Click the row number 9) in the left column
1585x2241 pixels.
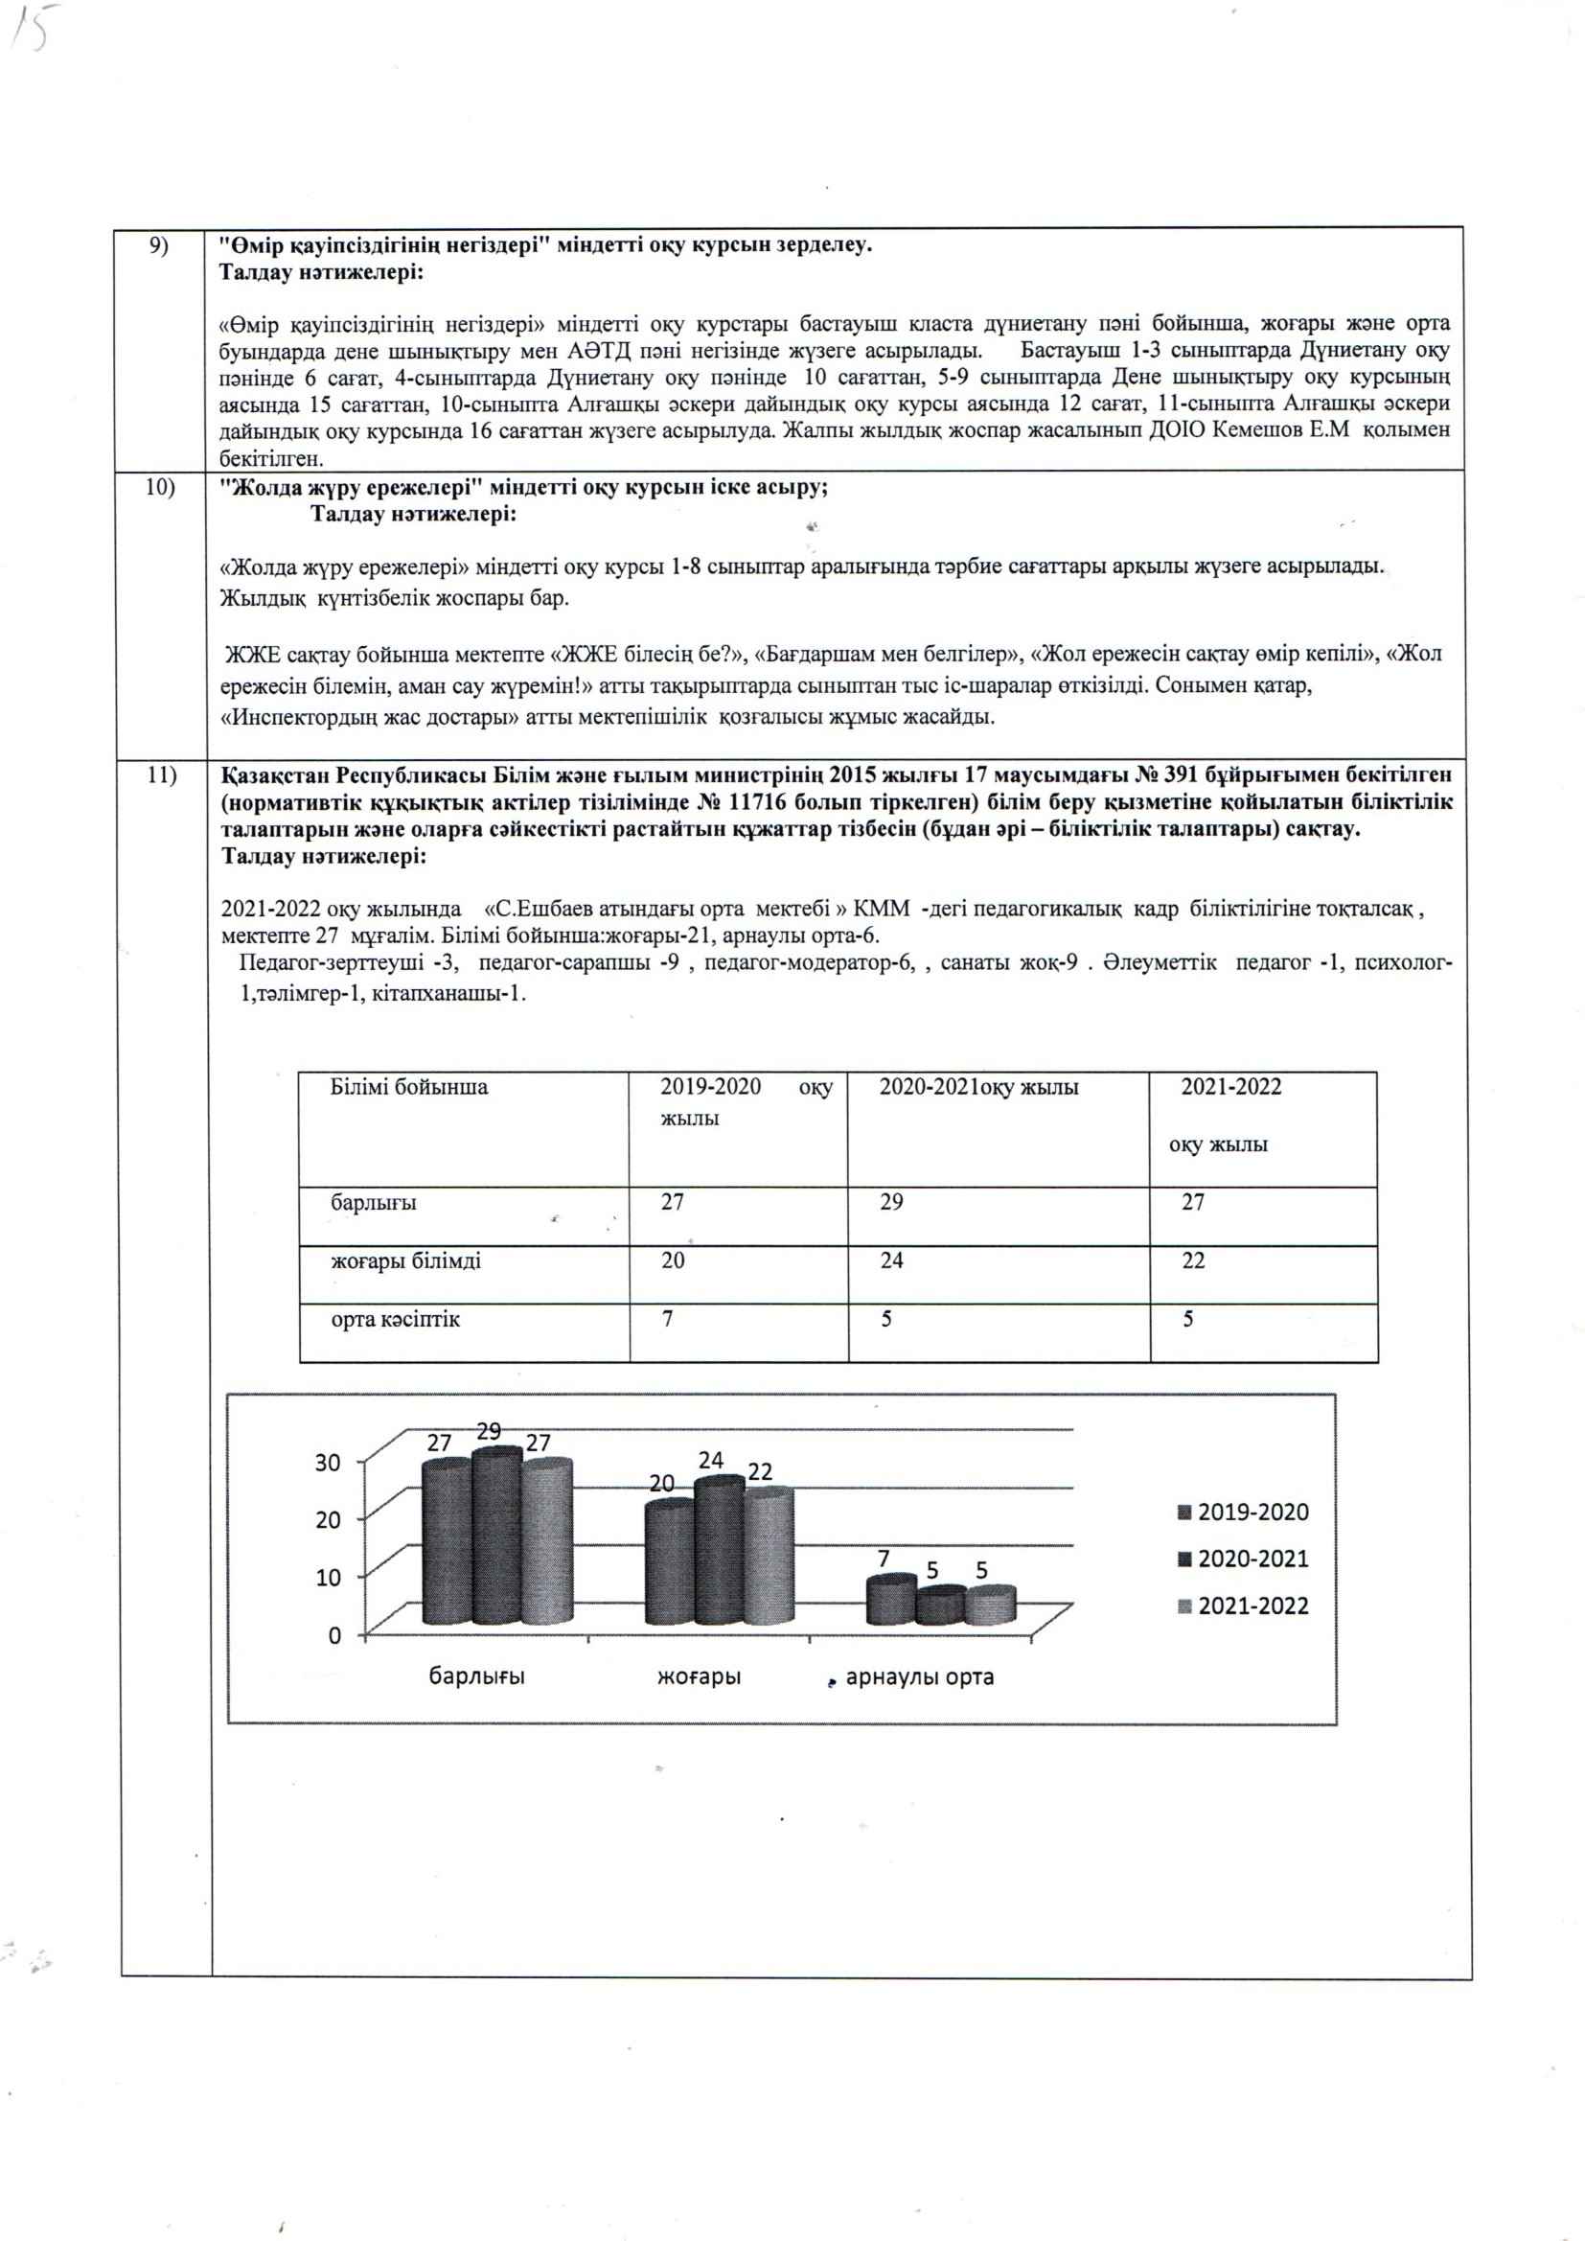158,245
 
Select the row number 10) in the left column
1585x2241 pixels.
160,487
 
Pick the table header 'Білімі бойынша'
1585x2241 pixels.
409,1087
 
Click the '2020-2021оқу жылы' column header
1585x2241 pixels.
978,1087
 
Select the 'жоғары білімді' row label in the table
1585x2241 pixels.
405,1261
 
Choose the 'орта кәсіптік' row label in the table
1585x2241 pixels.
395,1320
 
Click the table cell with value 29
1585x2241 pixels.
891,1203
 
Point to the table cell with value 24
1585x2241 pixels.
891,1261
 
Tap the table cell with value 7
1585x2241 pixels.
668,1320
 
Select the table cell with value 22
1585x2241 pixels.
1193,1261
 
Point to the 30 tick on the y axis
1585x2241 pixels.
328,1463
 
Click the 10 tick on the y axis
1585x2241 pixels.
328,1579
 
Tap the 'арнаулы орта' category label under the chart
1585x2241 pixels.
919,1677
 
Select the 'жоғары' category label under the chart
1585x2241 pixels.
698,1677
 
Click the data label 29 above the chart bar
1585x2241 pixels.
488,1432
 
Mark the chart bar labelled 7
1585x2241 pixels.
890,1603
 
